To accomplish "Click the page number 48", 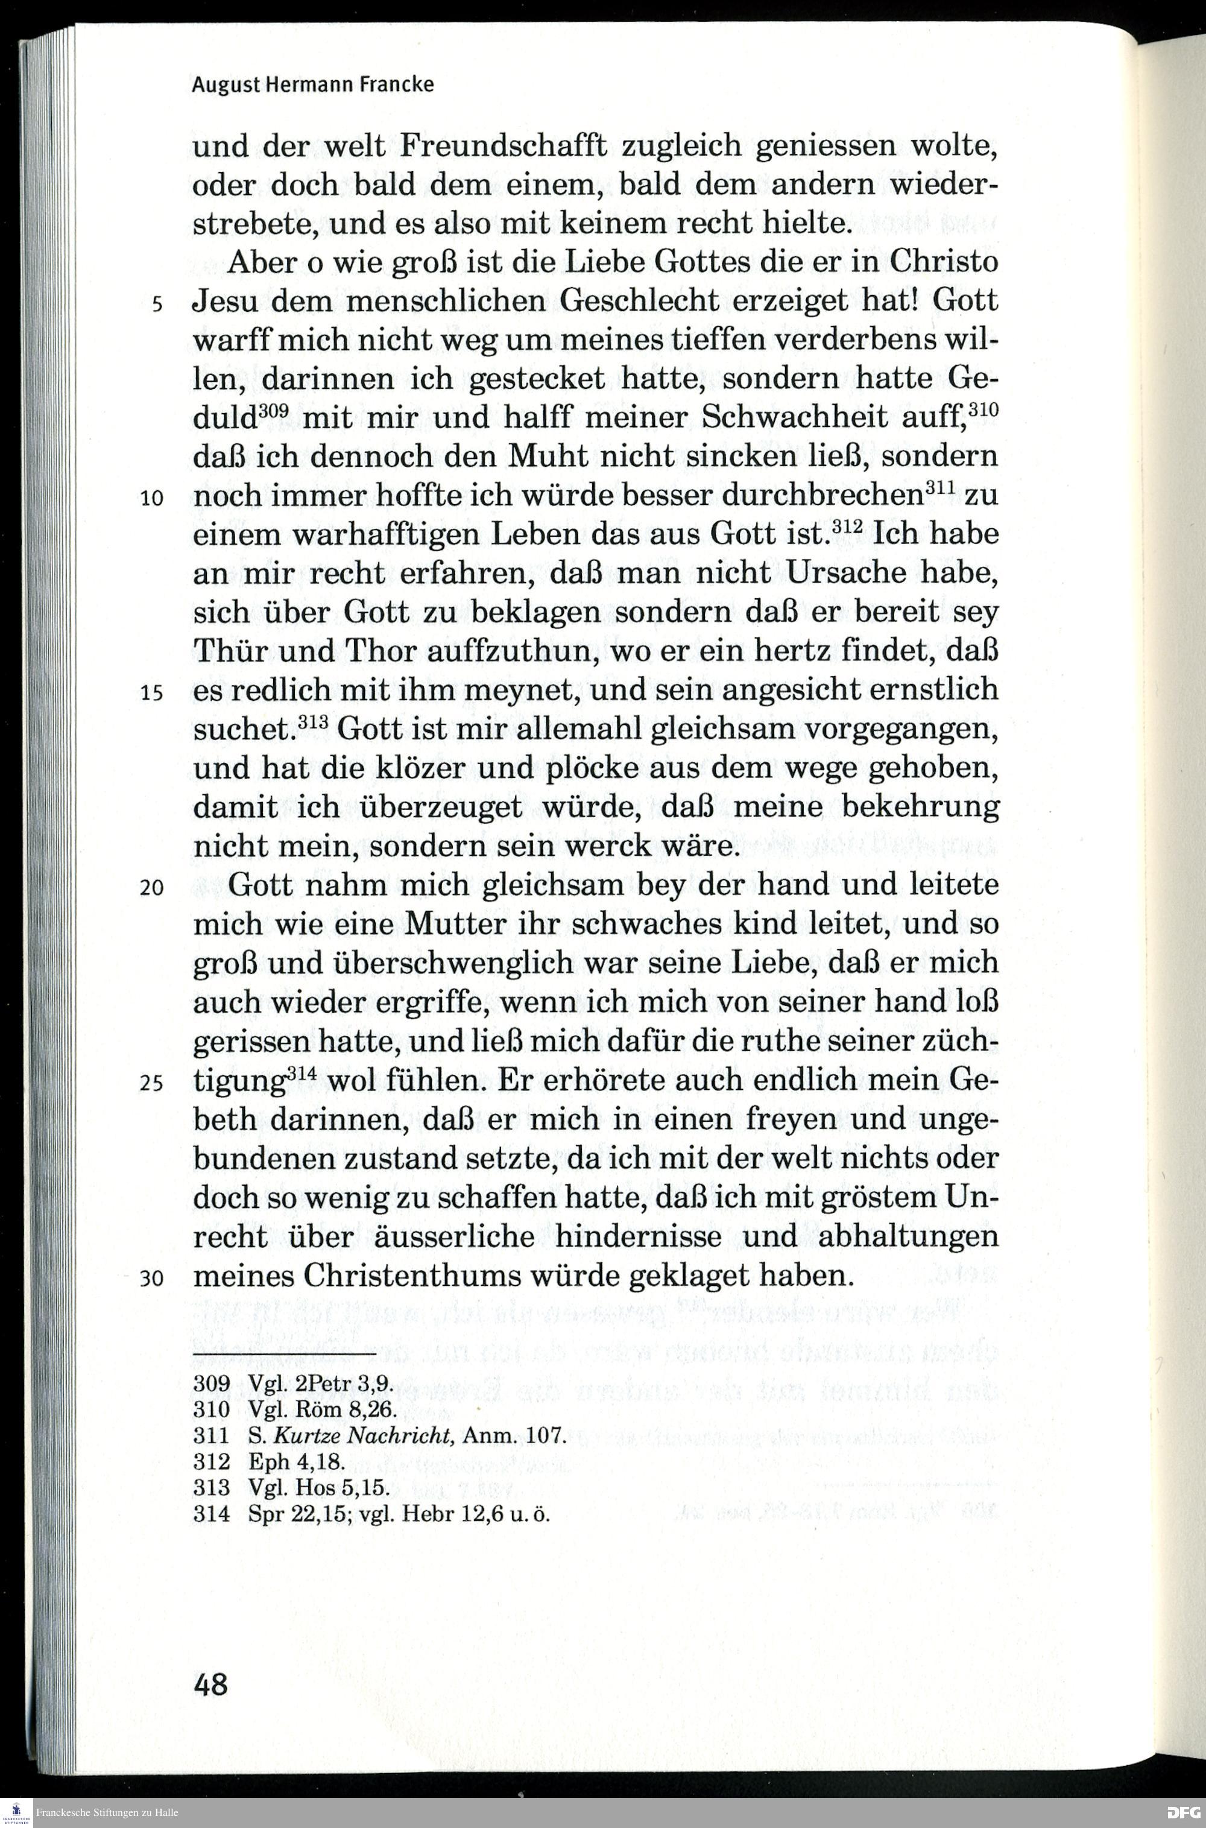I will pos(210,1684).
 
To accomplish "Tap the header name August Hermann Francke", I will pos(312,84).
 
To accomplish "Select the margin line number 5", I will pos(157,304).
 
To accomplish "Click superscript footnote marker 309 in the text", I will pos(273,411).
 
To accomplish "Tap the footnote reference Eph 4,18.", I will pos(296,1462).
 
